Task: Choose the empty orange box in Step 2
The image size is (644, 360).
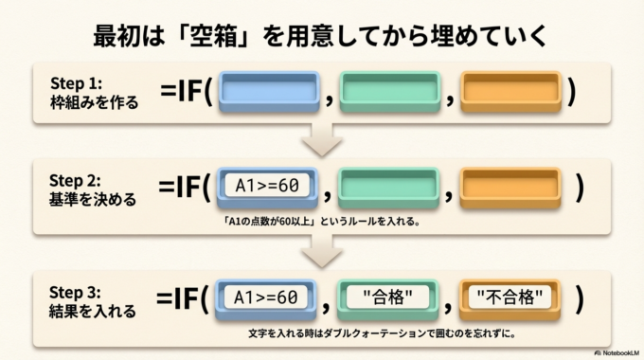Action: pos(510,188)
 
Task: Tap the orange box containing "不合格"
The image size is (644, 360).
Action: pos(510,297)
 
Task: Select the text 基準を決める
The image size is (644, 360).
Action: pos(93,200)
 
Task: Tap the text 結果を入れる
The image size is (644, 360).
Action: pos(93,310)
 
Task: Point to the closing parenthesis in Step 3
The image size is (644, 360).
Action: pos(579,297)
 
